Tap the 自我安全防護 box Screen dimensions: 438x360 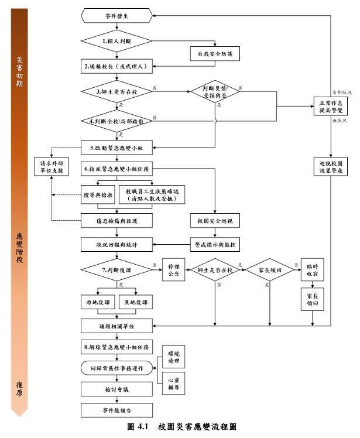coord(215,54)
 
